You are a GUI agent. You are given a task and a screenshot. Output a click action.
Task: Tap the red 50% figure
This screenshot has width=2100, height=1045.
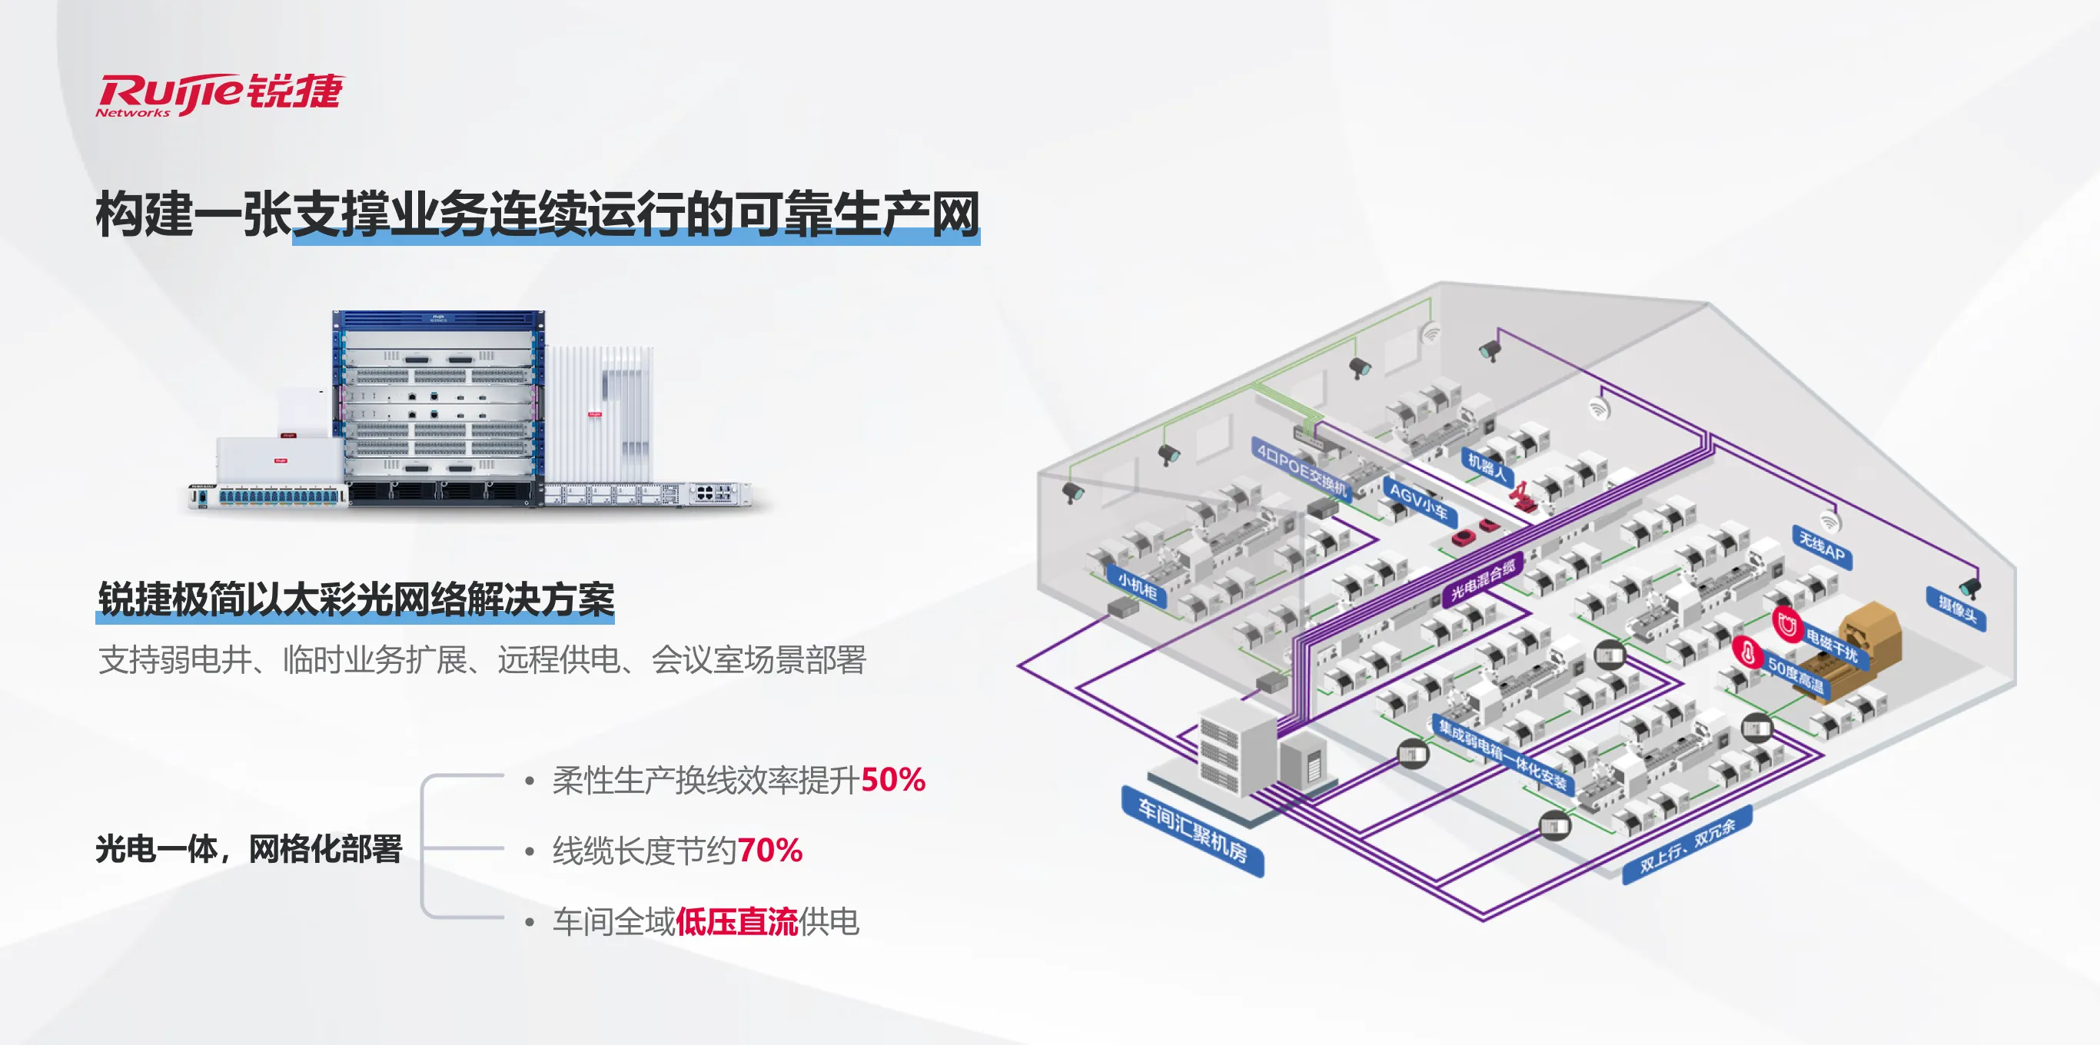892,780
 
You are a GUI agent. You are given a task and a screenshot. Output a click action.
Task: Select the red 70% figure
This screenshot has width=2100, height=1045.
769,850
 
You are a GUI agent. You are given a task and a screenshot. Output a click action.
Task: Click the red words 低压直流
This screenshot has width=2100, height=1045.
736,922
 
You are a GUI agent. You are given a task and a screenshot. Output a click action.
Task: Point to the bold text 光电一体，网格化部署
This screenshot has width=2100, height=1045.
248,848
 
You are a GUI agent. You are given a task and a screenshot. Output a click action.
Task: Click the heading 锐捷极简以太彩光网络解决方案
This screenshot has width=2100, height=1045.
355,600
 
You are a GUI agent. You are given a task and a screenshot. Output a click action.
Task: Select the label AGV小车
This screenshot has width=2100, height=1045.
1418,500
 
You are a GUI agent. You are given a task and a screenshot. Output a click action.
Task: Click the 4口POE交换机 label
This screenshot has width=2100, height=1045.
1302,469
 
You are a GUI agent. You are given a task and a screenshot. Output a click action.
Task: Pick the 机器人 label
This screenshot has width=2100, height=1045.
1486,467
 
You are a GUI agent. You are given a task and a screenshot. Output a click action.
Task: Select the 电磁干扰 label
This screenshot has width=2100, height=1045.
1831,645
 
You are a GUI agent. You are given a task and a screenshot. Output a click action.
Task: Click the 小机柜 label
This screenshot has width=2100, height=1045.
1137,586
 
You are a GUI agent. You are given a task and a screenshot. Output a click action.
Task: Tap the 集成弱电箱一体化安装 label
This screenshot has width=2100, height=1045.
1503,755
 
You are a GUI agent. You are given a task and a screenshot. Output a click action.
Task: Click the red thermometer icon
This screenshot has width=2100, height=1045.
1746,652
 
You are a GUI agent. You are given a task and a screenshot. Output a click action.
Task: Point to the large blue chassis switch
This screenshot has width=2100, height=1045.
439,407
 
